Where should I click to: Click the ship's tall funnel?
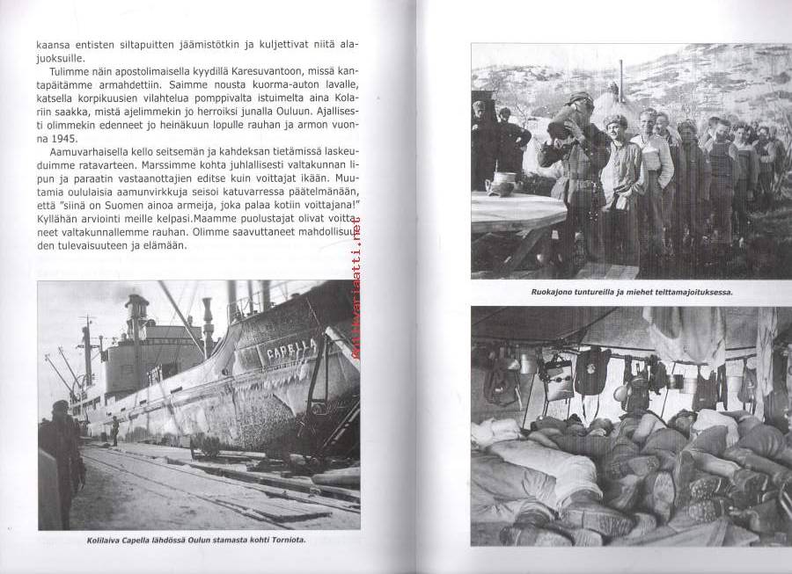click(137, 316)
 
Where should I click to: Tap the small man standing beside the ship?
click(114, 430)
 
